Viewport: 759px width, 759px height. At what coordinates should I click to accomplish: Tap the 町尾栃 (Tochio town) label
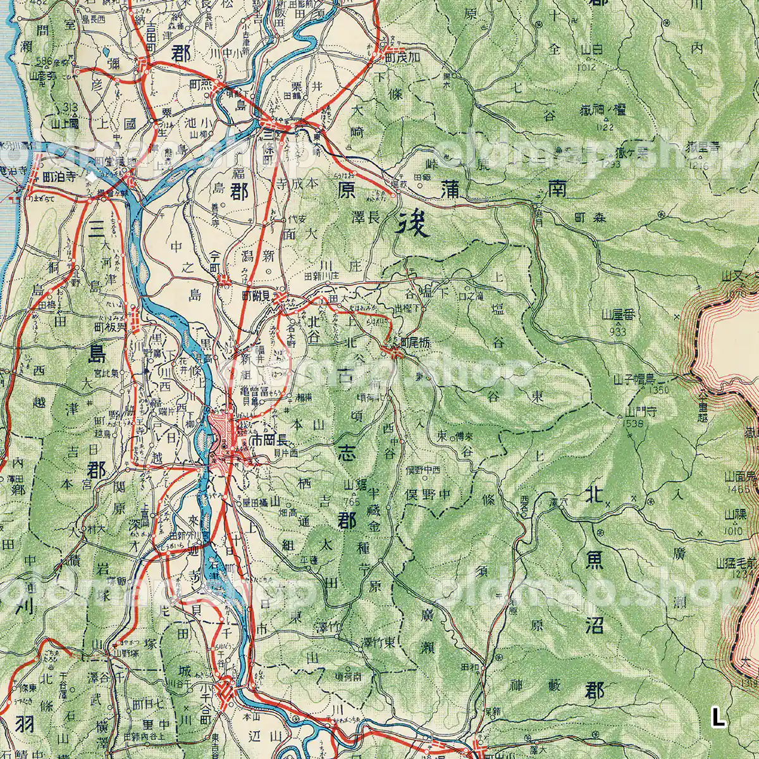(416, 341)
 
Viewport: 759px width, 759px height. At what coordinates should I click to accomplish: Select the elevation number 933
(618, 330)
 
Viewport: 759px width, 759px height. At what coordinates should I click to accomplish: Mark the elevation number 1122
(605, 127)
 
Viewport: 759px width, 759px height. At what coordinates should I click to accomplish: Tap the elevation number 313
(70, 107)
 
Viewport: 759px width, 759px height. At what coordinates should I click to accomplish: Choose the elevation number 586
(44, 60)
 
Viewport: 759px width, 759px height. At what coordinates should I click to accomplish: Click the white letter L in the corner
(717, 718)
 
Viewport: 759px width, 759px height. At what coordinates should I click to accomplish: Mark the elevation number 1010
(736, 531)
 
